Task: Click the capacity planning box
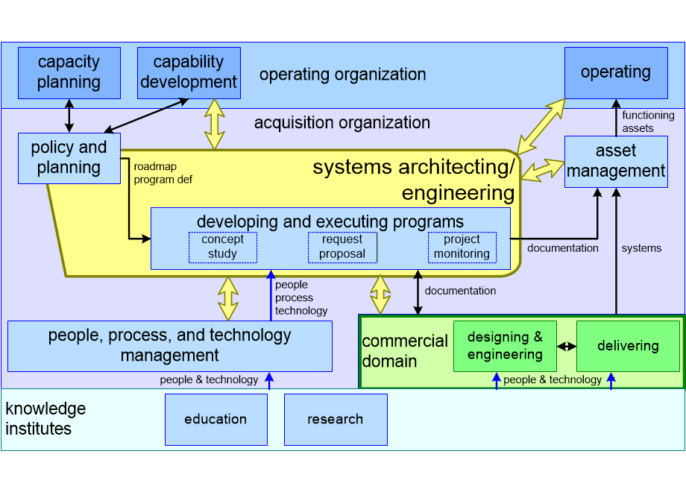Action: point(69,73)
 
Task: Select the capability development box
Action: point(189,73)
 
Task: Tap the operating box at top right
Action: point(616,73)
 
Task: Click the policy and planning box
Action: point(69,158)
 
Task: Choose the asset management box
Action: point(616,161)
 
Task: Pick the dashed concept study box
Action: point(222,247)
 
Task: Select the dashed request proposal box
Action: point(342,247)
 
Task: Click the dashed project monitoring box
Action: point(462,247)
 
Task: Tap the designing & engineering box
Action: point(505,346)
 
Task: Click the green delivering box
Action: point(628,346)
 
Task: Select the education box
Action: point(215,419)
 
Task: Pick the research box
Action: point(336,419)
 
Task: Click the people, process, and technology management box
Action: point(170,346)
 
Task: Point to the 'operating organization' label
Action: point(342,75)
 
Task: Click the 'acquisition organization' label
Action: point(342,122)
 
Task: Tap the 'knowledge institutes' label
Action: point(45,419)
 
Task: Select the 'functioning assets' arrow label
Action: point(648,122)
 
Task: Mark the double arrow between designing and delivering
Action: point(567,347)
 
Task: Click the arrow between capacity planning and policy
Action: point(69,116)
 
